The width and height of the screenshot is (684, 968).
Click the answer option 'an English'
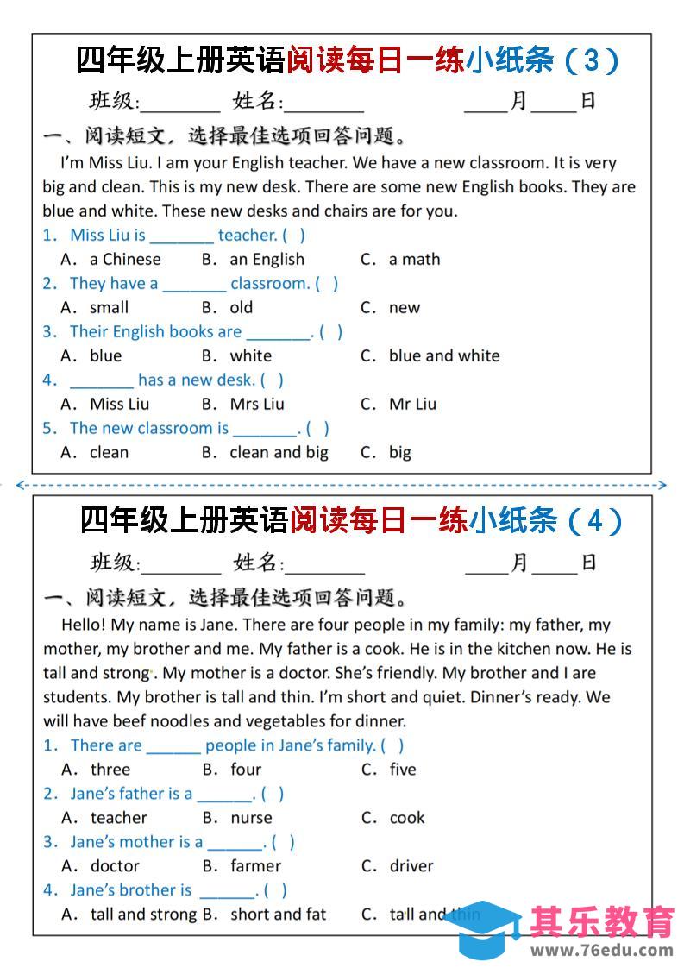(267, 259)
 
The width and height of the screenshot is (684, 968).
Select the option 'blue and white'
(443, 355)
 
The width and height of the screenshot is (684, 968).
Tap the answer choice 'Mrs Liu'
(256, 404)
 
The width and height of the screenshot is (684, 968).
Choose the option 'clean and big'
(279, 452)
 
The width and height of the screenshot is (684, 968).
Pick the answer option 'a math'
(414, 259)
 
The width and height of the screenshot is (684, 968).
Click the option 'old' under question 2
(242, 307)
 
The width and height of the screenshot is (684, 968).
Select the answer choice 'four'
(246, 770)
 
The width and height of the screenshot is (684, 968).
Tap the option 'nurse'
(251, 818)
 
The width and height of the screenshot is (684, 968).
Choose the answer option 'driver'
(411, 866)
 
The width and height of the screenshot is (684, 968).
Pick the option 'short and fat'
(278, 915)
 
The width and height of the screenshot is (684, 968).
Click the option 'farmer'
(255, 866)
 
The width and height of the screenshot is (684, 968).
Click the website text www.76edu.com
(601, 951)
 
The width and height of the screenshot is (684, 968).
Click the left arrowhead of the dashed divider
(20, 485)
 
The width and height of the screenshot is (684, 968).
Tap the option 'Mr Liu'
(412, 404)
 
